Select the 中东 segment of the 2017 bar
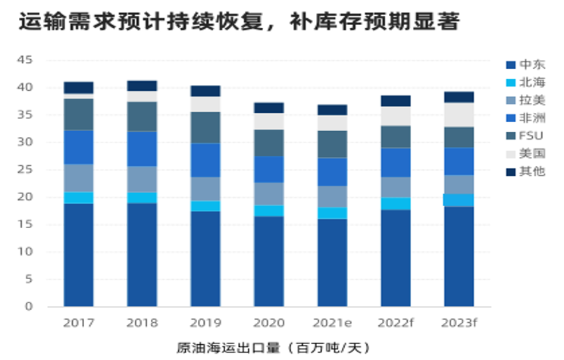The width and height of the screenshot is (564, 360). tap(79, 255)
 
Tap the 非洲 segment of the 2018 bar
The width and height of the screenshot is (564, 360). tap(143, 149)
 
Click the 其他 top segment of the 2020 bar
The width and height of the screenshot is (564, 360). tap(269, 108)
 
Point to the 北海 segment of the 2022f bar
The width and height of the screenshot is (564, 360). tap(396, 203)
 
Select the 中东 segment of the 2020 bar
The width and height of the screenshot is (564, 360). tap(269, 261)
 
